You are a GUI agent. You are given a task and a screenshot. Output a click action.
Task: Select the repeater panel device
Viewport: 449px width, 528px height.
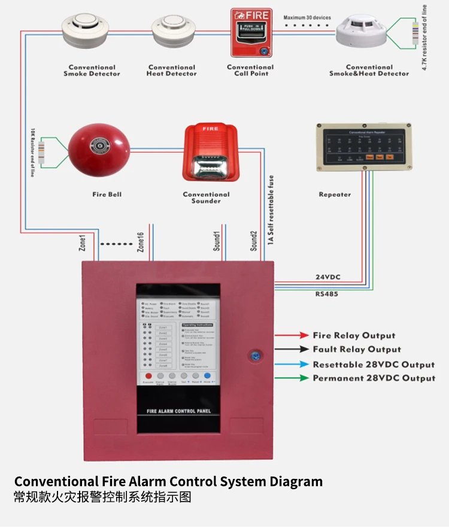point(364,147)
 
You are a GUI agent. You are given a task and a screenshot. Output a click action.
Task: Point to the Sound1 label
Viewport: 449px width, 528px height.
point(217,241)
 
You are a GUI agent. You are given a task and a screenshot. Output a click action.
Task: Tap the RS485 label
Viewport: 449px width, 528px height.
point(327,294)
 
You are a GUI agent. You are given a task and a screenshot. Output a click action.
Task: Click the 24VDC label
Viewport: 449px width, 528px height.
point(328,277)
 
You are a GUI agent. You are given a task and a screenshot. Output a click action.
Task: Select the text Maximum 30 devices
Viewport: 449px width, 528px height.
point(307,17)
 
